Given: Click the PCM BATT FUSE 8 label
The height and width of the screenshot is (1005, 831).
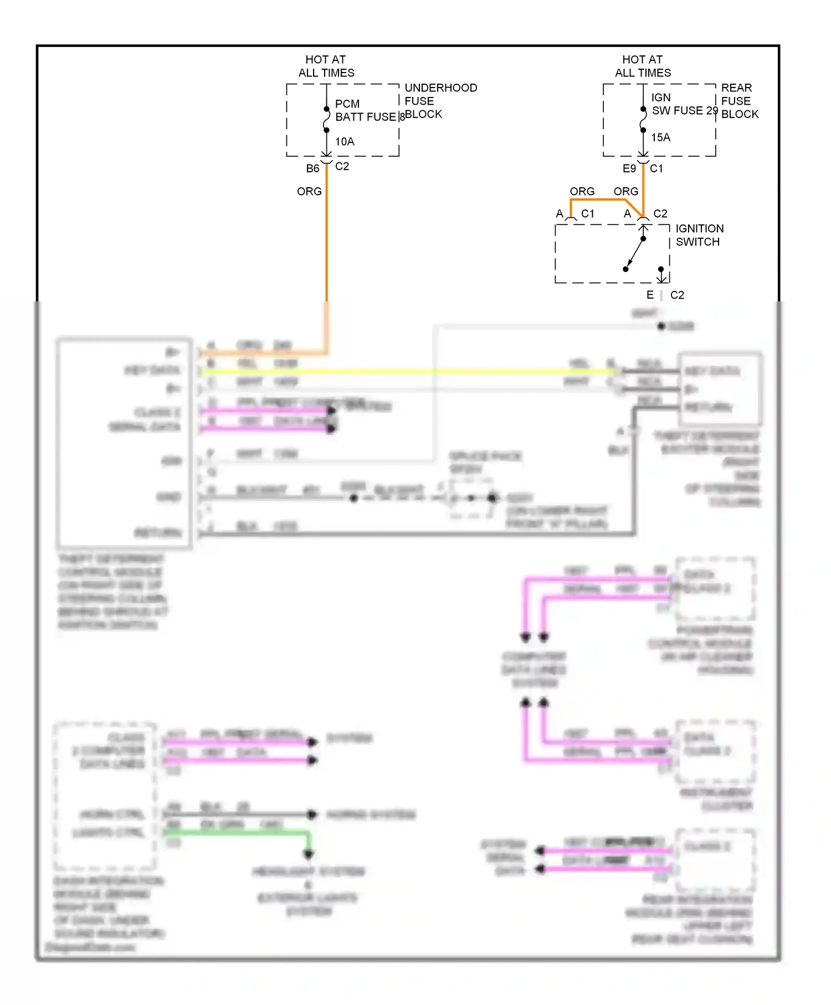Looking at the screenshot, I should point(366,110).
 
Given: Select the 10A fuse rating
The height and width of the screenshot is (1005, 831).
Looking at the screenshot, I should point(345,142).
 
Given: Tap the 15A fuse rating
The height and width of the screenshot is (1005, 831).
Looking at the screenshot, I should point(660,137).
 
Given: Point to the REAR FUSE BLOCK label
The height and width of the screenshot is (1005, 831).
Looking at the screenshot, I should point(739,101).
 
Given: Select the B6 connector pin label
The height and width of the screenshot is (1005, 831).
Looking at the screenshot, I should point(312,168).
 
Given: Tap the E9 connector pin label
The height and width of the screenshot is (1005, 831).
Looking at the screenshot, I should point(629,168).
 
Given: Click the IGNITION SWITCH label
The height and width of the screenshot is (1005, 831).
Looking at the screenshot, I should point(699,235).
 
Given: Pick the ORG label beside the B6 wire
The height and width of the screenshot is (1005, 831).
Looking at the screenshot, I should point(309,192).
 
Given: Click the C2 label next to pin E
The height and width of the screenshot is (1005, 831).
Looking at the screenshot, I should point(677,295).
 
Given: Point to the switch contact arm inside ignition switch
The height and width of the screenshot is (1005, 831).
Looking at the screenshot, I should point(635,254).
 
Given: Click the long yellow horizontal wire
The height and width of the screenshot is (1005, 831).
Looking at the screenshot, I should point(410,371).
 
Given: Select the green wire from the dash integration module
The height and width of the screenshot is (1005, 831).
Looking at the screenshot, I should point(238,833).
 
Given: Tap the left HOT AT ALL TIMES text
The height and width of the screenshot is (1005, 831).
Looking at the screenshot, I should point(326,66).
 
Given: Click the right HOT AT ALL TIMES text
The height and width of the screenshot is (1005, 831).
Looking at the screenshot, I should point(643,66).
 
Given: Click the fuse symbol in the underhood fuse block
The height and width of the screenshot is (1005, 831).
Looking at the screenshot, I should point(326,120).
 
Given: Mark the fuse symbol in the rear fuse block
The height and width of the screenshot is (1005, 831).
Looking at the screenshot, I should point(643,120).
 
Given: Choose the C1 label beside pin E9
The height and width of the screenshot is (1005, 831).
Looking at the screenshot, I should point(656,168).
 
